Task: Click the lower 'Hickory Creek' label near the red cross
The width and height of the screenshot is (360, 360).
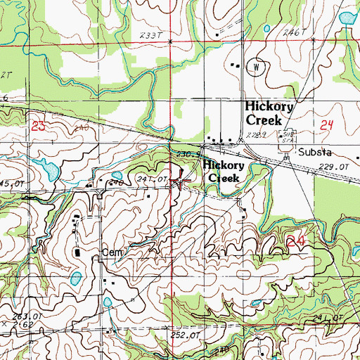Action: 224,172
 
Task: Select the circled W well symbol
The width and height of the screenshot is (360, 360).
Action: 257,67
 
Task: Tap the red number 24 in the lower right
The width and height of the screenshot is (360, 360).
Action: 297,241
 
